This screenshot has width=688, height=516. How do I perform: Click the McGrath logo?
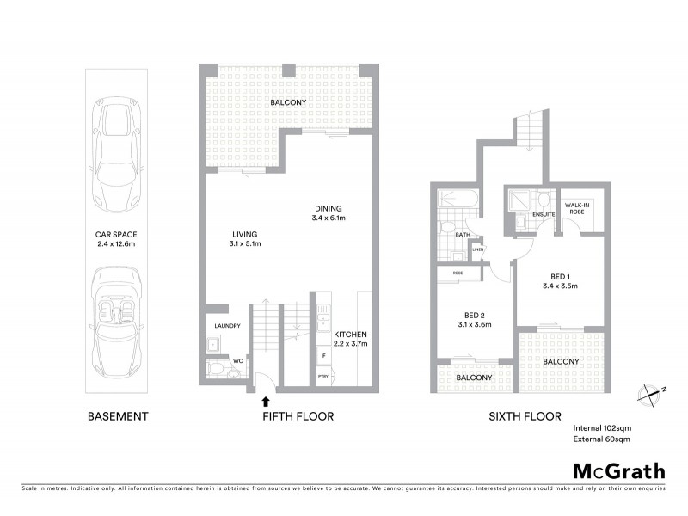[619, 470]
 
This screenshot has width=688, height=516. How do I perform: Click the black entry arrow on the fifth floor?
[265, 399]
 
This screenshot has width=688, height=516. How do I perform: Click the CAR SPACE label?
[119, 238]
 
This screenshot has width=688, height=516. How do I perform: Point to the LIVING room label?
[245, 239]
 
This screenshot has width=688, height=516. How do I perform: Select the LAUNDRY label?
[227, 326]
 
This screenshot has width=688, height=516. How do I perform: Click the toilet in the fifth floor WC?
[219, 371]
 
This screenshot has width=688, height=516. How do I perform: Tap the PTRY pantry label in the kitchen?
[323, 376]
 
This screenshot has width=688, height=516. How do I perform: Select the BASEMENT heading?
[119, 416]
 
